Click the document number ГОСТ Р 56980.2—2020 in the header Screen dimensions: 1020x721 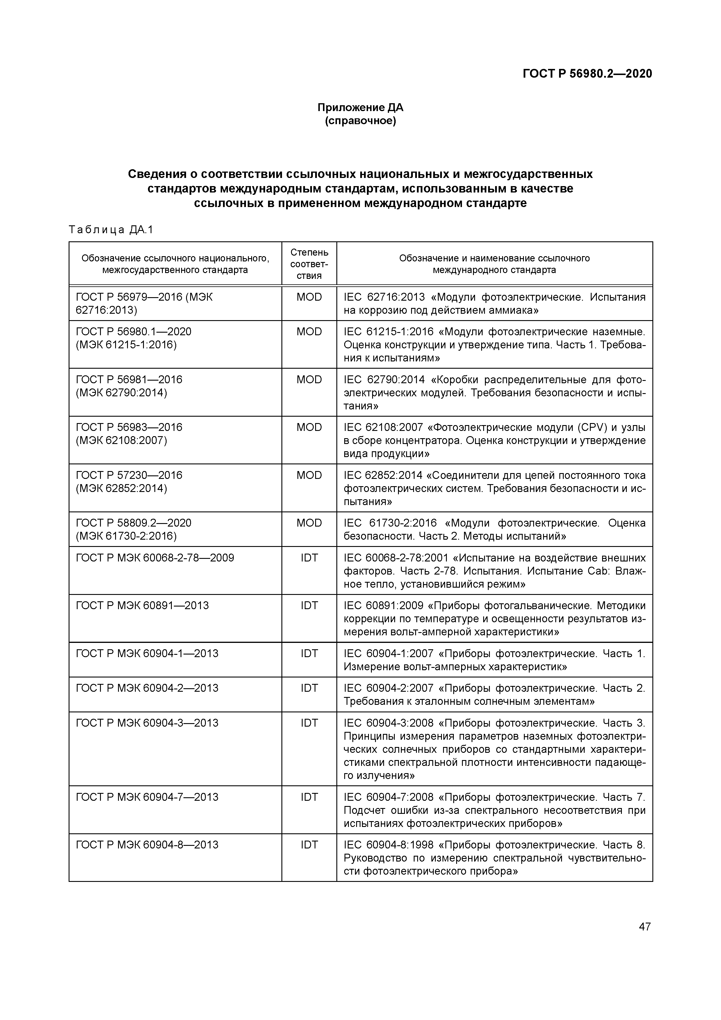click(x=587, y=73)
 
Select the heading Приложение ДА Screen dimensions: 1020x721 click(x=360, y=108)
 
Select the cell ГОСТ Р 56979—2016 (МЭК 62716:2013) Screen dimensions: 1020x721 click(x=144, y=304)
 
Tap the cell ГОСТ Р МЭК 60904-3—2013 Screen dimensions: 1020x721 click(x=147, y=723)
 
